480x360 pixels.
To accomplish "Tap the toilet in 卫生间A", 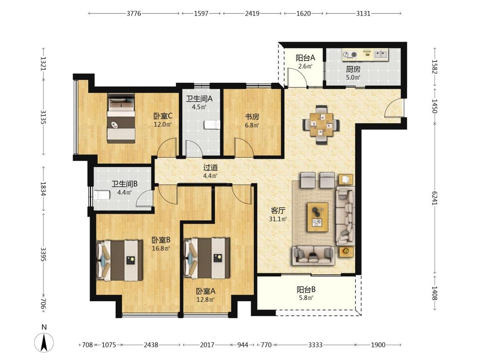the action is [x=212, y=125].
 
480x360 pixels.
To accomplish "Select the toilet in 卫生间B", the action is [x=102, y=195].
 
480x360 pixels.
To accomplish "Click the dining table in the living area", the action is [x=321, y=124].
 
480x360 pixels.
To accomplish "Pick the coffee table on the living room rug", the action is [x=318, y=217].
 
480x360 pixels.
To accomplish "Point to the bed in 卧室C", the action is [x=121, y=119].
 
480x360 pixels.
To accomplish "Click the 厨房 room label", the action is [x=353, y=69].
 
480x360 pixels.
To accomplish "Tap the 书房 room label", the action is [x=252, y=116].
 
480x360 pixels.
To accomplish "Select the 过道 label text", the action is [x=211, y=168].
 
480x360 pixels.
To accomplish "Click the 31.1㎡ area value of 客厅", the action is [x=278, y=219].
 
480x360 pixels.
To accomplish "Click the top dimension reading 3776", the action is [x=134, y=14].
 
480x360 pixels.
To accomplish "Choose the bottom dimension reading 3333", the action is [x=315, y=345].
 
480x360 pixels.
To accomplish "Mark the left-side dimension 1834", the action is [x=43, y=189].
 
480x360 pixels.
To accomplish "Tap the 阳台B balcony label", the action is [x=306, y=289].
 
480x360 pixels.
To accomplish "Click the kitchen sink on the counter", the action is [x=381, y=55].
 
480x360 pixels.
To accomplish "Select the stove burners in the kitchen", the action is [x=350, y=55].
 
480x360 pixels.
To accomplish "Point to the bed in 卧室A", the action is [x=207, y=258].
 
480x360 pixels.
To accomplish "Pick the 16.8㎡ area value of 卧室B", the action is [x=161, y=248].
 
